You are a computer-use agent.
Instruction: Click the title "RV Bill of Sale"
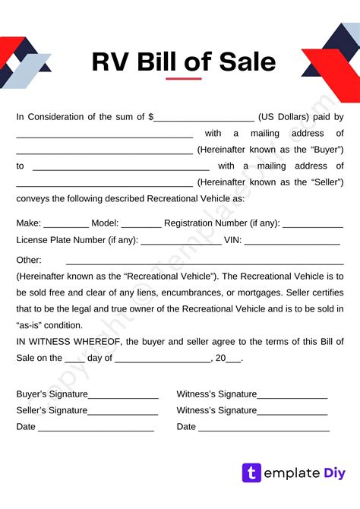183,62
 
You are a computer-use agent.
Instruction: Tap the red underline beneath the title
183,78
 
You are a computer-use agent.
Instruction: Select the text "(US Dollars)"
283,117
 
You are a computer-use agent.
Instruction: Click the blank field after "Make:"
66,226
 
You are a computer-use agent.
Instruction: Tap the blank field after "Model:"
141,226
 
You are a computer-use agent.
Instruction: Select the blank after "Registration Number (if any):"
313,226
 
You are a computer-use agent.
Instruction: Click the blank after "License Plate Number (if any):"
181,242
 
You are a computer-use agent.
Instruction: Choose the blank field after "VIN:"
292,242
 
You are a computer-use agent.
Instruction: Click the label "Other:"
29,260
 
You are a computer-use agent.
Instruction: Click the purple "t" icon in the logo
251,473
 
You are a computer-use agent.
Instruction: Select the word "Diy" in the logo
333,473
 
